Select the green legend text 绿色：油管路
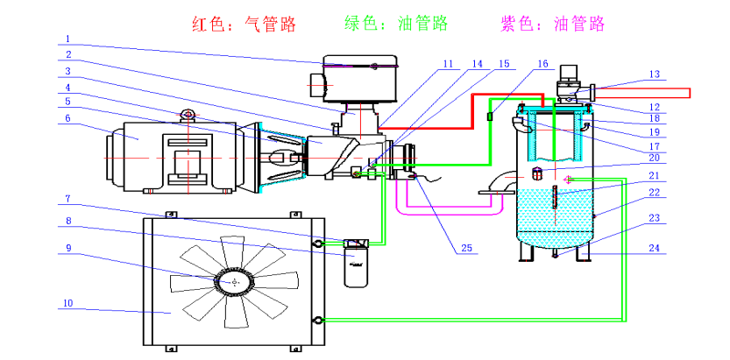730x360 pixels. tap(391, 24)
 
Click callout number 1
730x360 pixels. tap(67, 39)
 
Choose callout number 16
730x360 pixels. tap(542, 64)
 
